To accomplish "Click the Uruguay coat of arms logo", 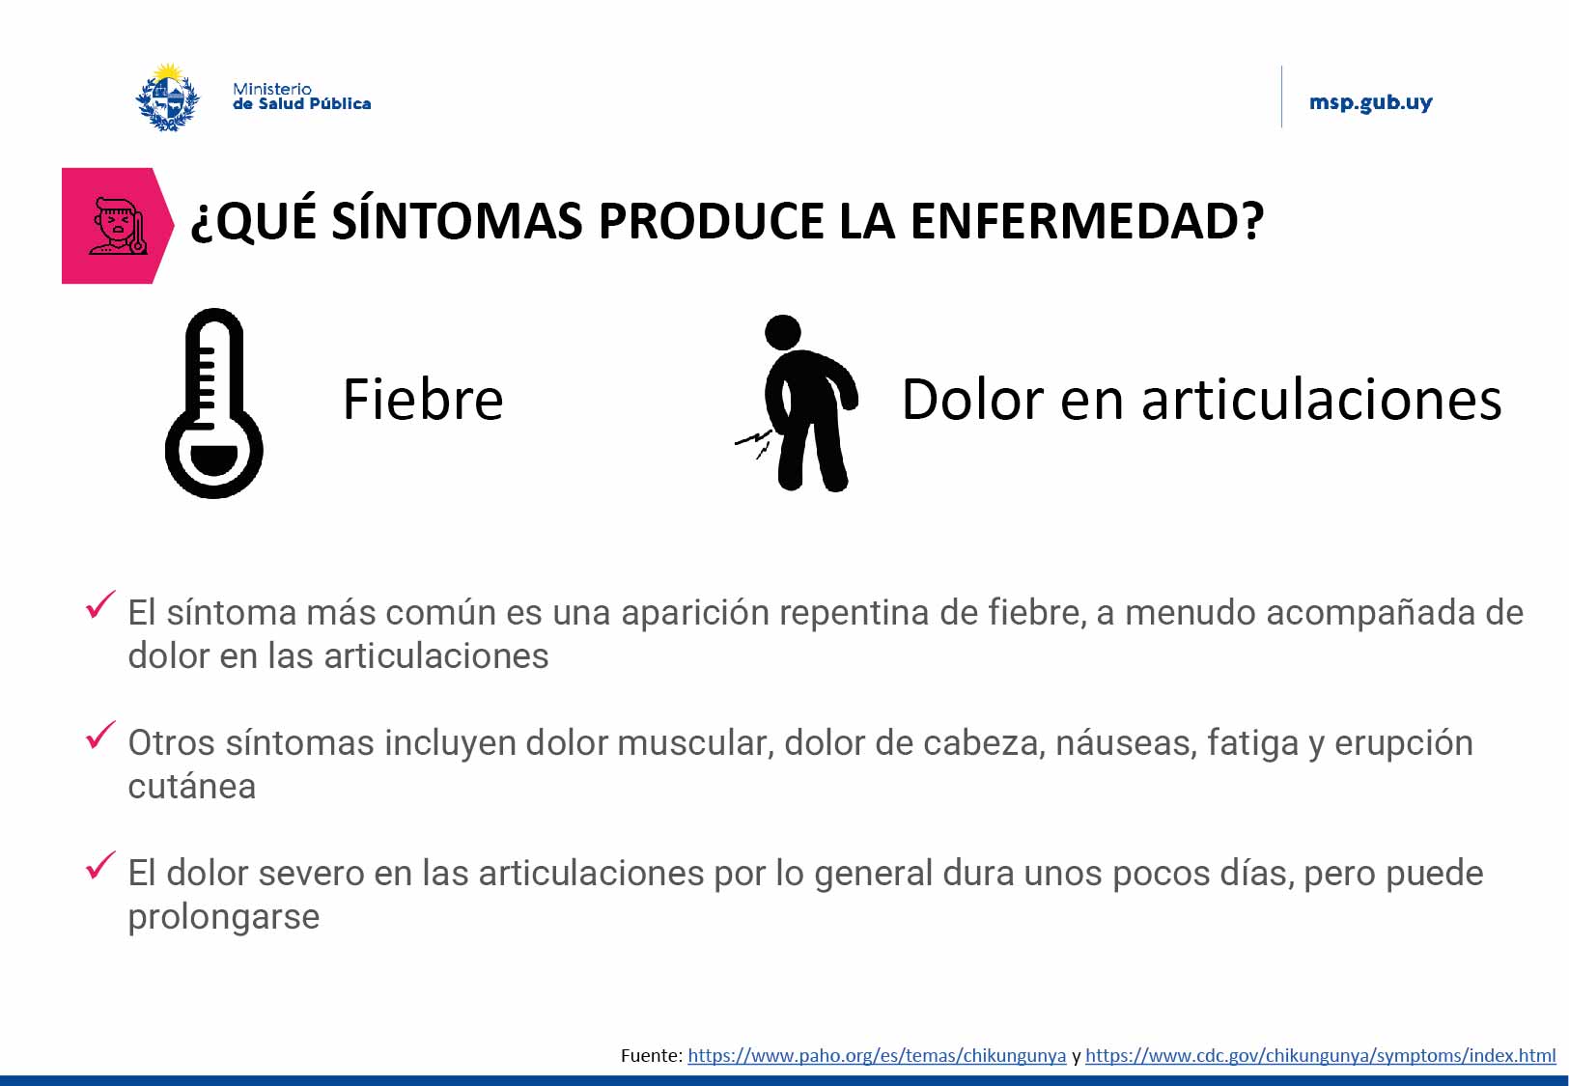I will pos(168,97).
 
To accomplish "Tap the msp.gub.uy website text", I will pos(1370,102).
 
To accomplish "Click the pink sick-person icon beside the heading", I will pos(117,226).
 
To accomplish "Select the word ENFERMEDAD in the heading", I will pos(1086,221).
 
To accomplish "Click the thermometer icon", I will pos(213,404).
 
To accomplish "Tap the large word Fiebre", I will pos(423,400).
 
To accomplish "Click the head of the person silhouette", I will pos(783,333).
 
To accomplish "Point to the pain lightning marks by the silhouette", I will pos(754,443).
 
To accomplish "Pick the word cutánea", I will pos(192,787).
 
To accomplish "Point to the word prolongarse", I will pos(223,917).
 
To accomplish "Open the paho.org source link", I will pos(876,1056).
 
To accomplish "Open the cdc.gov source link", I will pos(1320,1056).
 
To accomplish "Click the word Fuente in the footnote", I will pos(650,1056).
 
